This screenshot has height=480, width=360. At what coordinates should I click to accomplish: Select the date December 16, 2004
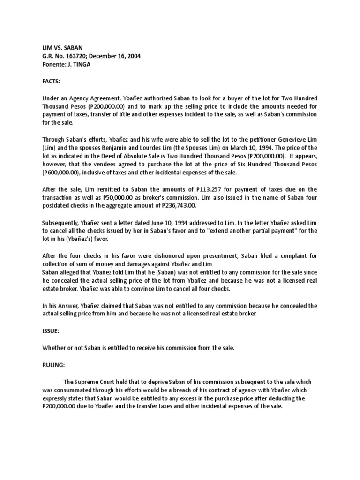pos(113,56)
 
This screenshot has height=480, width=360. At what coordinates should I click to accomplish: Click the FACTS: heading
pos(51,81)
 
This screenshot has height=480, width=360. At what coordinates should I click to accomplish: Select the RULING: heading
pos(53,365)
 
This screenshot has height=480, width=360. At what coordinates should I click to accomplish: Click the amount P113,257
pos(188,189)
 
